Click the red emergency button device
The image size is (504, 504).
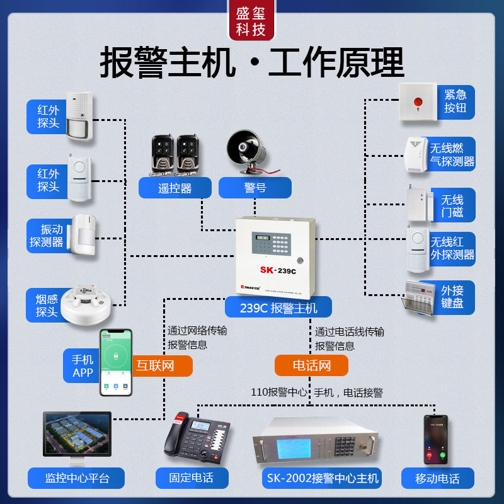(x=417, y=102)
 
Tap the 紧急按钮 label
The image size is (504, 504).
(x=455, y=102)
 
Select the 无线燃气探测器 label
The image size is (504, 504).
(x=452, y=156)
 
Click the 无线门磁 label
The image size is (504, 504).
(x=452, y=205)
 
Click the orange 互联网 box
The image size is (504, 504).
(x=156, y=365)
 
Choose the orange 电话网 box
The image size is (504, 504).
(x=311, y=365)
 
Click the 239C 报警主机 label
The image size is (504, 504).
(x=278, y=308)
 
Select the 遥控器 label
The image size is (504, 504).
(x=175, y=188)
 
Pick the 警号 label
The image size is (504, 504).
(x=255, y=188)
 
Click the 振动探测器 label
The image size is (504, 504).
(x=47, y=236)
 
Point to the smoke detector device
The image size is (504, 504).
(x=88, y=299)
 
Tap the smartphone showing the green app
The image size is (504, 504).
(x=115, y=362)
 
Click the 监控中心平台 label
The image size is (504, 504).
(x=77, y=478)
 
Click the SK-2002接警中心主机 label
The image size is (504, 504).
(x=321, y=478)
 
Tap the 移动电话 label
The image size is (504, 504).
(x=437, y=478)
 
